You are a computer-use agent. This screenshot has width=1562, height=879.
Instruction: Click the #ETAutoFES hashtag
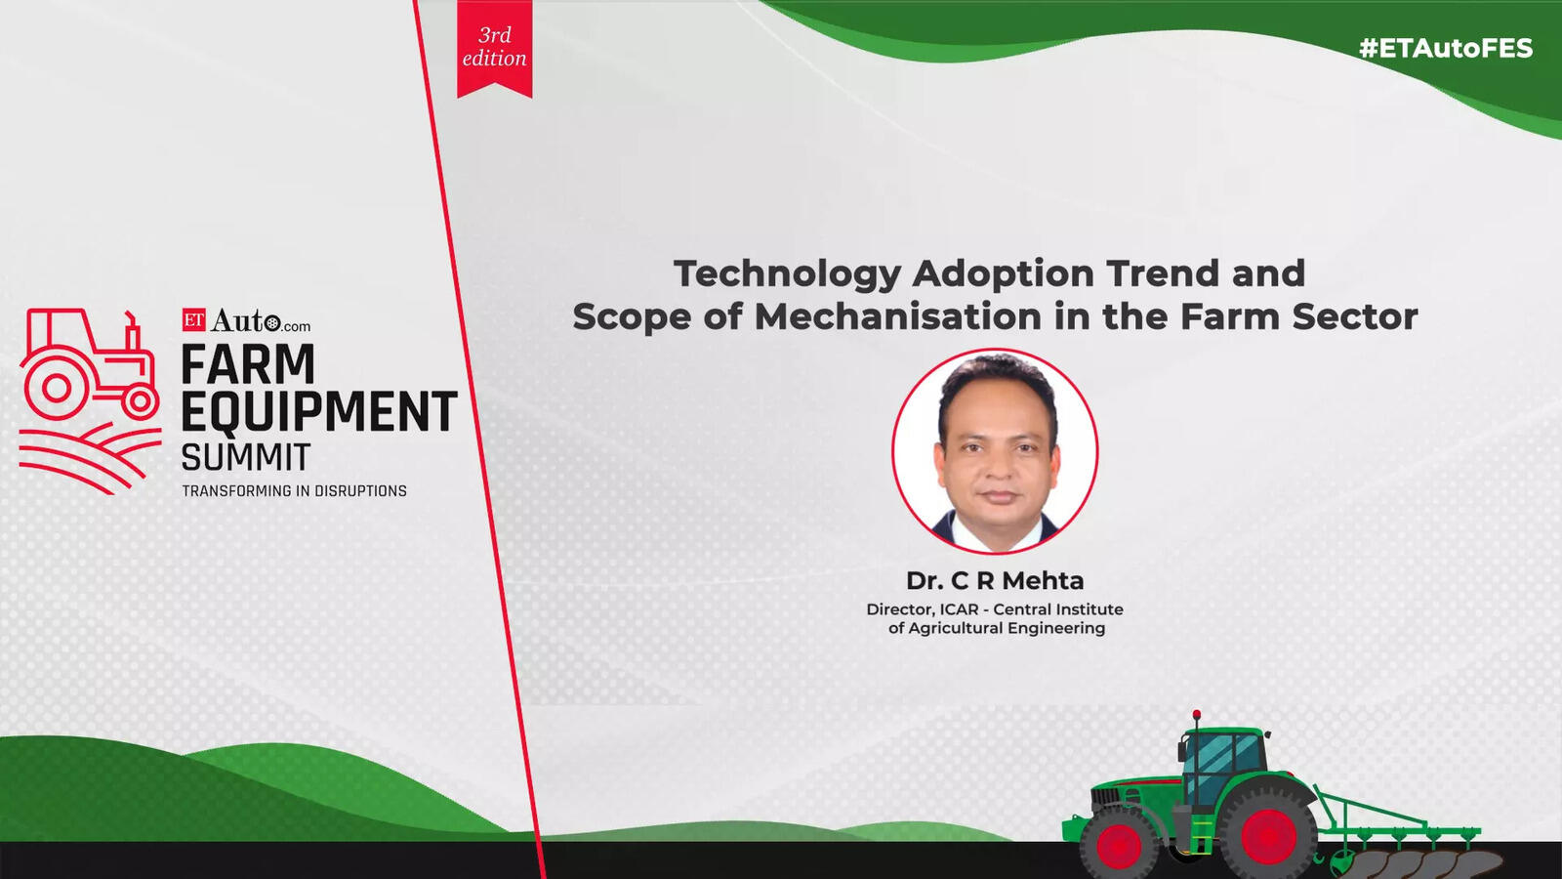[1446, 48]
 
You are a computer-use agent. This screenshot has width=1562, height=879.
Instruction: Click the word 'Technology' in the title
[787, 274]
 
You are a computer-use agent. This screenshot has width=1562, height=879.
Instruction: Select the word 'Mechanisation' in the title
[898, 316]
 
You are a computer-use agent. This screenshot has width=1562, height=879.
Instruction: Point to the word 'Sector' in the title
[1355, 316]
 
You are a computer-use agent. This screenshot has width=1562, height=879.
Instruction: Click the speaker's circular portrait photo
[995, 451]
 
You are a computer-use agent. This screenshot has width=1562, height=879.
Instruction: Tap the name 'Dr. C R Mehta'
[995, 580]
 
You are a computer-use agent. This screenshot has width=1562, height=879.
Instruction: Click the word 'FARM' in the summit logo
[248, 364]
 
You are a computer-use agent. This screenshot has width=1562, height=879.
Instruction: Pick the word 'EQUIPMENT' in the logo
[319, 411]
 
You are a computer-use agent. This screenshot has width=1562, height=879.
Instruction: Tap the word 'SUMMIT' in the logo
[245, 458]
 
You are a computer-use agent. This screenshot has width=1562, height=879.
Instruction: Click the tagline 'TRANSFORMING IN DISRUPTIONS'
[294, 491]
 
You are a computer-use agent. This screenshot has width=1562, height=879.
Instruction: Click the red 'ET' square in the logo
[194, 319]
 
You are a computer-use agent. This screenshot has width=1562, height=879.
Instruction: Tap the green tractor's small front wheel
[1119, 844]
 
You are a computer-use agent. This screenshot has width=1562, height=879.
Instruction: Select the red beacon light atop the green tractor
[1197, 714]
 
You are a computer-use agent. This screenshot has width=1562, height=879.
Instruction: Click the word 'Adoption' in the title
[1003, 274]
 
